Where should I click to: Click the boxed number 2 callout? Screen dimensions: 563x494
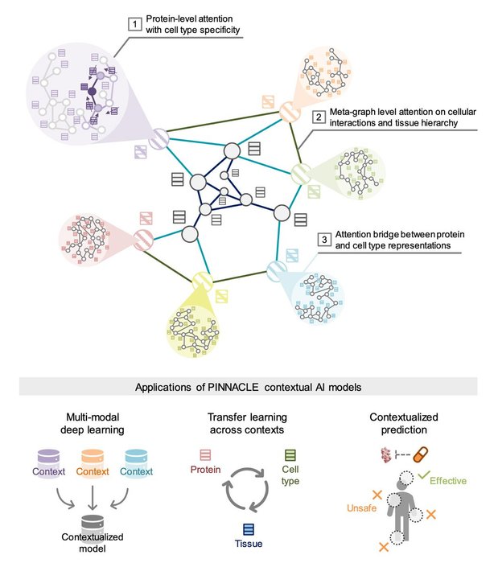[x=319, y=117]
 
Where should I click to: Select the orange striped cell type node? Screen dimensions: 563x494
[x=288, y=112]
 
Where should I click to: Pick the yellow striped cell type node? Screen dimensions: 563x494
[x=202, y=281]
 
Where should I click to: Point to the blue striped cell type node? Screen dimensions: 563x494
[x=274, y=269]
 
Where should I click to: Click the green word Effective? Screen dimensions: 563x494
[x=447, y=481]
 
